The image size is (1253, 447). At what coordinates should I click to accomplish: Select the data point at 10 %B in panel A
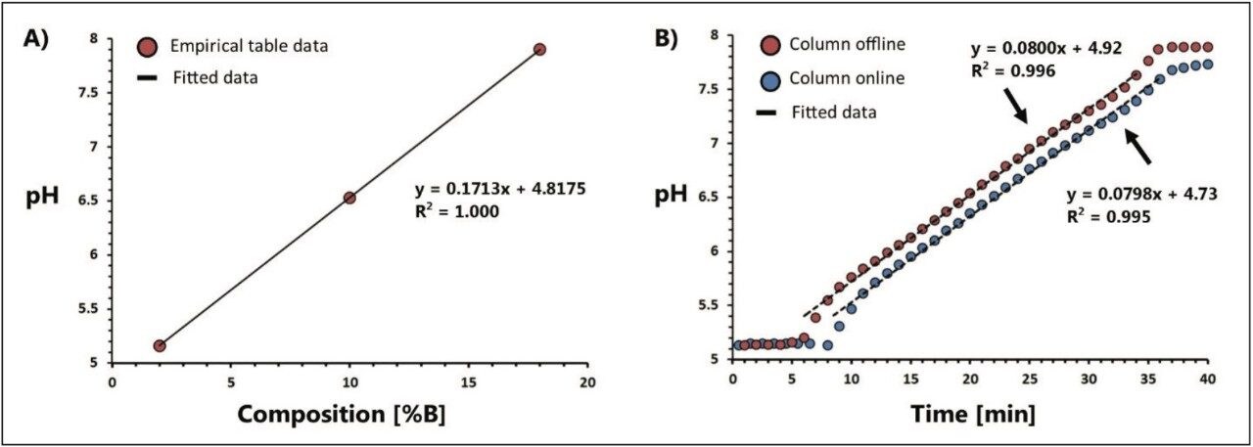tap(349, 198)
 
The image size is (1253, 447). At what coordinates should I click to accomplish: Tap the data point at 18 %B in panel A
tap(539, 49)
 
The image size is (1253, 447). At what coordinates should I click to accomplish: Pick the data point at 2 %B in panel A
tap(160, 345)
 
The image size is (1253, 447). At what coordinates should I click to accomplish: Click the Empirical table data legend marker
tap(147, 45)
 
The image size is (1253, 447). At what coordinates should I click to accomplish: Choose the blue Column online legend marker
tap(768, 78)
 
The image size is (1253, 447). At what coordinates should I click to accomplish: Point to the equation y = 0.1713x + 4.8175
tap(501, 189)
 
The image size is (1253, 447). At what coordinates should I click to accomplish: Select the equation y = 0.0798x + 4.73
tap(1141, 194)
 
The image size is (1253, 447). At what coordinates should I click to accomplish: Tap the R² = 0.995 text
tap(1108, 217)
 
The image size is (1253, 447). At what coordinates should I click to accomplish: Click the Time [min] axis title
tap(972, 414)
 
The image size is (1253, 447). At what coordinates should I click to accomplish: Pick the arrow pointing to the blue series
tap(1140, 149)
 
